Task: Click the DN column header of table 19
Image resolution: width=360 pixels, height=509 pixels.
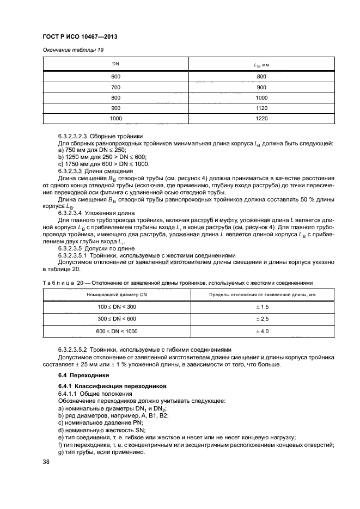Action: [x=115, y=65]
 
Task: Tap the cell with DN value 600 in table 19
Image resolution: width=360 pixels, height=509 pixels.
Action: [x=115, y=77]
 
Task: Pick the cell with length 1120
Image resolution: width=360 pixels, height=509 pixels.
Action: [x=261, y=108]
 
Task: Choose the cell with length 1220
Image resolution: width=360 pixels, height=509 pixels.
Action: [x=261, y=118]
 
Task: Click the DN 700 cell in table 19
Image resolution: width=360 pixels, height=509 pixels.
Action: [x=115, y=87]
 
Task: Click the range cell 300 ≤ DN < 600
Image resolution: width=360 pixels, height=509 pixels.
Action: [x=117, y=319]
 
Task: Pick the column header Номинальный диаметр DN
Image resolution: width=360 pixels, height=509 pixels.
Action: [x=117, y=295]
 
